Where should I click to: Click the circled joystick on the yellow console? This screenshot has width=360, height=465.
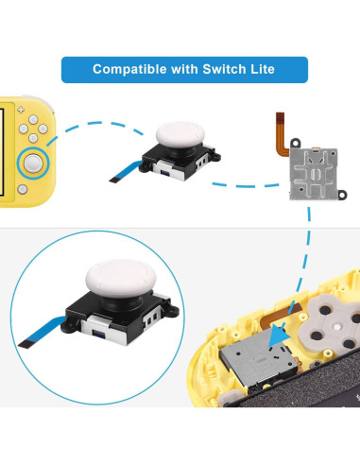(35, 162)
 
